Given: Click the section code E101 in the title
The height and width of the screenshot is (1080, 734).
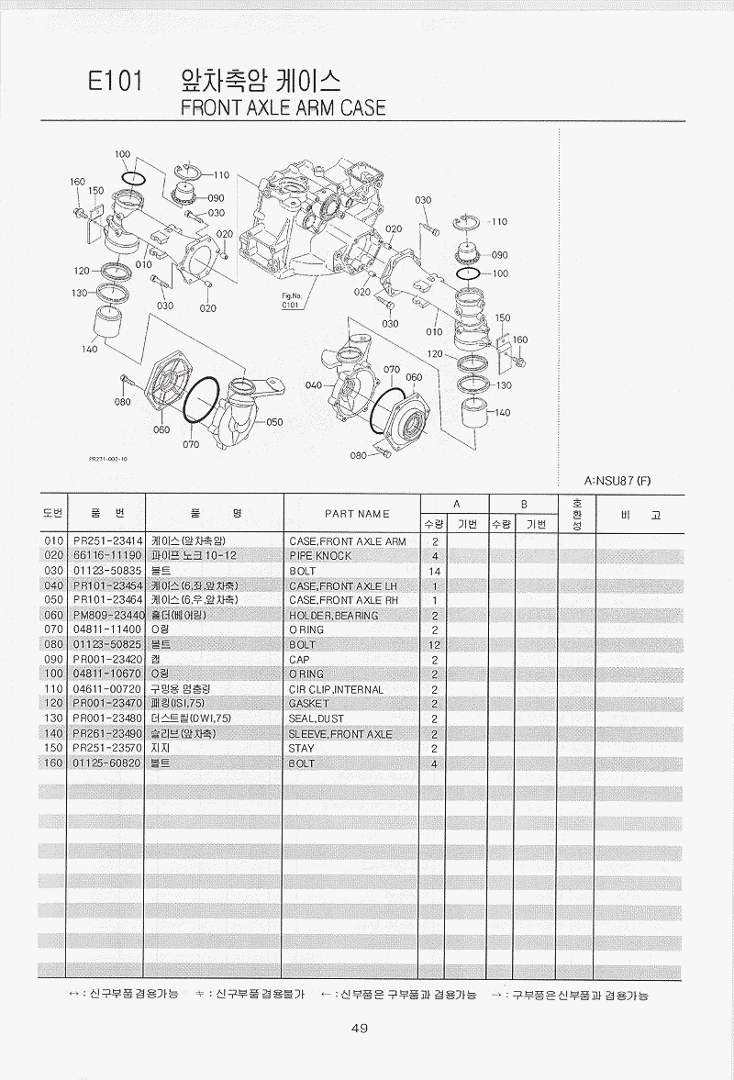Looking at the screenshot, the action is (115, 83).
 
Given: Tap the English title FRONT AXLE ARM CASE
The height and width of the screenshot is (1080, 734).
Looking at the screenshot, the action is (283, 108).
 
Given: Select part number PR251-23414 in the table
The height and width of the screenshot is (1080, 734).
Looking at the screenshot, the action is (107, 541).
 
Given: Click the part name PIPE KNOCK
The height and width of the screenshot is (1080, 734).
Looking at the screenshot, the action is (320, 556).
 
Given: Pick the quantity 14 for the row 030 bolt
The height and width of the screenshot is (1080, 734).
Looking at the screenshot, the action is (435, 571).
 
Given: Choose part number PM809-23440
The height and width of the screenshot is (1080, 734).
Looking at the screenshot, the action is (109, 615).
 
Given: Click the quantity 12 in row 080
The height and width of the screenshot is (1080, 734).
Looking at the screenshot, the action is (435, 645).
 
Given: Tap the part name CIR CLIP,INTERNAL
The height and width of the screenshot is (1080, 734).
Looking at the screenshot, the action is (336, 689).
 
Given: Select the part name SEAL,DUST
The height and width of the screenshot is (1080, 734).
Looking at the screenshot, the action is (316, 718).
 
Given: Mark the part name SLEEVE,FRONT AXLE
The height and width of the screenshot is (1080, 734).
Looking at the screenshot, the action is (340, 734).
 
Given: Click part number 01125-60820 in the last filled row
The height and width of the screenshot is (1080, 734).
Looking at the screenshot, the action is (106, 763).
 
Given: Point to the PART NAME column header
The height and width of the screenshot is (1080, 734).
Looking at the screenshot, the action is (357, 514).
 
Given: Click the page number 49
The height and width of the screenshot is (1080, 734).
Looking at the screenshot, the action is (360, 1029).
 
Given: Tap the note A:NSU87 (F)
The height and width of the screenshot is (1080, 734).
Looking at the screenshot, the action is (617, 481).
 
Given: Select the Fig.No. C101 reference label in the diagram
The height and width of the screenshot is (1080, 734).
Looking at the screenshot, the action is (292, 300).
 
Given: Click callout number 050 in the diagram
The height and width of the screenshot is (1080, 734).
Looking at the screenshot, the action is (274, 422).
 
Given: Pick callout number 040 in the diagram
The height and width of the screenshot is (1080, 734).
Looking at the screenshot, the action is (314, 385).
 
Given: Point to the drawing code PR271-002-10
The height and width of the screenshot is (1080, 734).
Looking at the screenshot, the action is (108, 459).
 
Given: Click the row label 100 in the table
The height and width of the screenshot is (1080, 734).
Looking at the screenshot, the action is (54, 674).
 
